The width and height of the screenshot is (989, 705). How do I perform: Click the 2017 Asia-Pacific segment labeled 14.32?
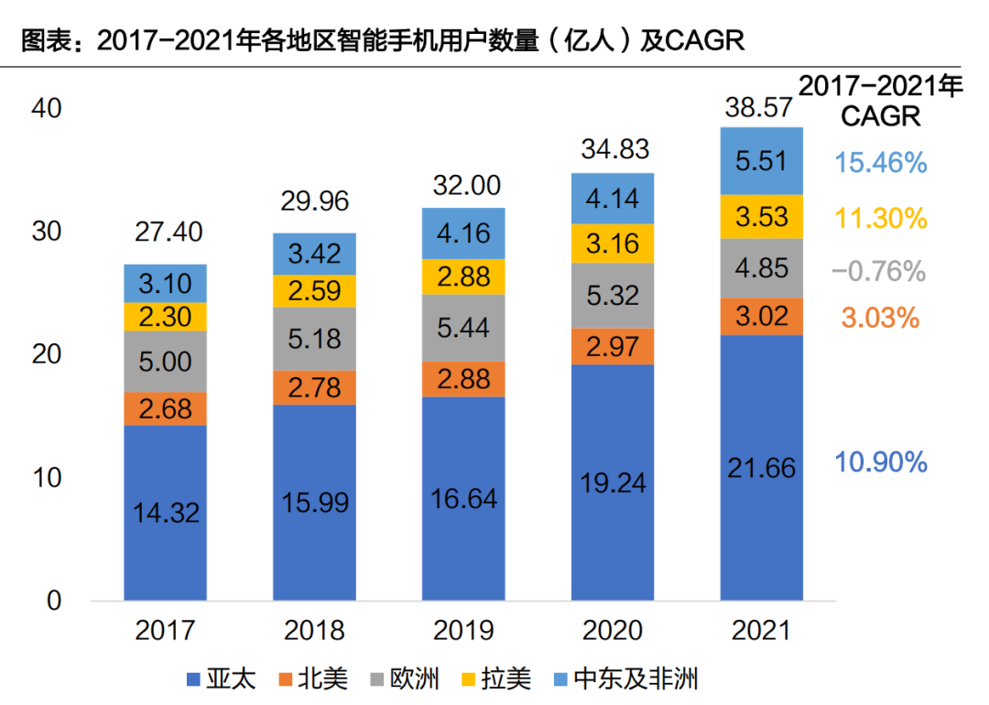(166, 513)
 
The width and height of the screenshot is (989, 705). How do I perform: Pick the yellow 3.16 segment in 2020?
(613, 244)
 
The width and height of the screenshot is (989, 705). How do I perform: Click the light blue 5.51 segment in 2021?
(762, 161)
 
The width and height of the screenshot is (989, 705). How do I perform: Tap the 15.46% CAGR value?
(881, 164)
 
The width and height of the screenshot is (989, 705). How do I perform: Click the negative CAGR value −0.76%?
(879, 271)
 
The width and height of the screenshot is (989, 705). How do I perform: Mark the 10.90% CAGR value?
(881, 462)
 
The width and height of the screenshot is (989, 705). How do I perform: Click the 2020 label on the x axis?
(612, 630)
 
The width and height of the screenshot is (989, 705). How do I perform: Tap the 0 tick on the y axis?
(53, 601)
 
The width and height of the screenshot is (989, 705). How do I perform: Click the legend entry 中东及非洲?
(636, 678)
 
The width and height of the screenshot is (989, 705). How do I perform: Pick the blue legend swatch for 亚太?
(192, 679)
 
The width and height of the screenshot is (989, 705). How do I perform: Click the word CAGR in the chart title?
(703, 41)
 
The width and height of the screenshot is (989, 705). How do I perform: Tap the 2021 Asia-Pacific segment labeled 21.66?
(762, 467)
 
